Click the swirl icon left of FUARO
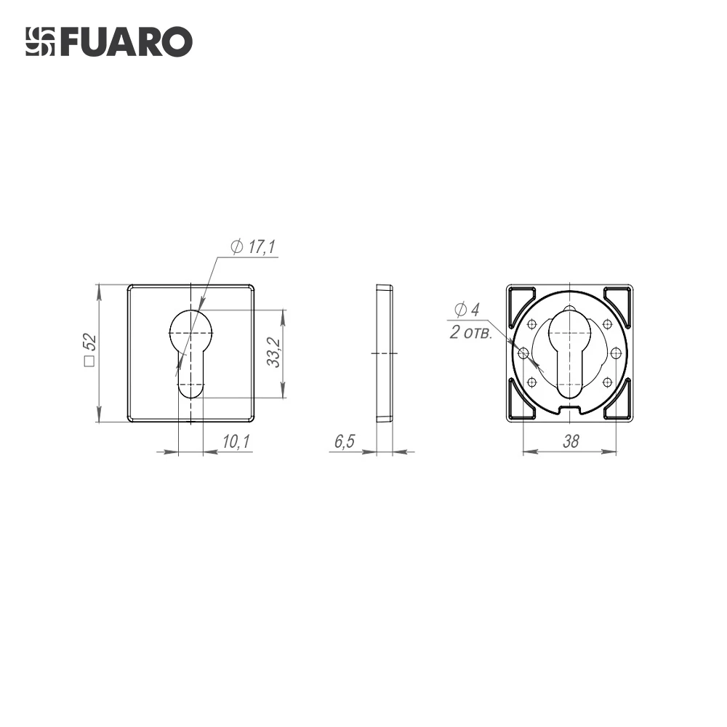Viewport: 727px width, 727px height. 41,42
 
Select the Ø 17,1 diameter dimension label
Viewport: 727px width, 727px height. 252,247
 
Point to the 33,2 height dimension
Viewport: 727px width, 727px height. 273,353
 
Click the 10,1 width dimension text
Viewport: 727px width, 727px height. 235,442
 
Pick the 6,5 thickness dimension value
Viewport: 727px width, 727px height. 343,442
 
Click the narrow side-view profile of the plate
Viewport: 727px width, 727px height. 385,353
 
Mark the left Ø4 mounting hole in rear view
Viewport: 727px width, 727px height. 523,353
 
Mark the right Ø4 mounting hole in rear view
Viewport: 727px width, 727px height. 616,353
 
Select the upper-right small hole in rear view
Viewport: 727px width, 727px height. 608,324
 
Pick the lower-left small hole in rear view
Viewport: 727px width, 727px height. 532,382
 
